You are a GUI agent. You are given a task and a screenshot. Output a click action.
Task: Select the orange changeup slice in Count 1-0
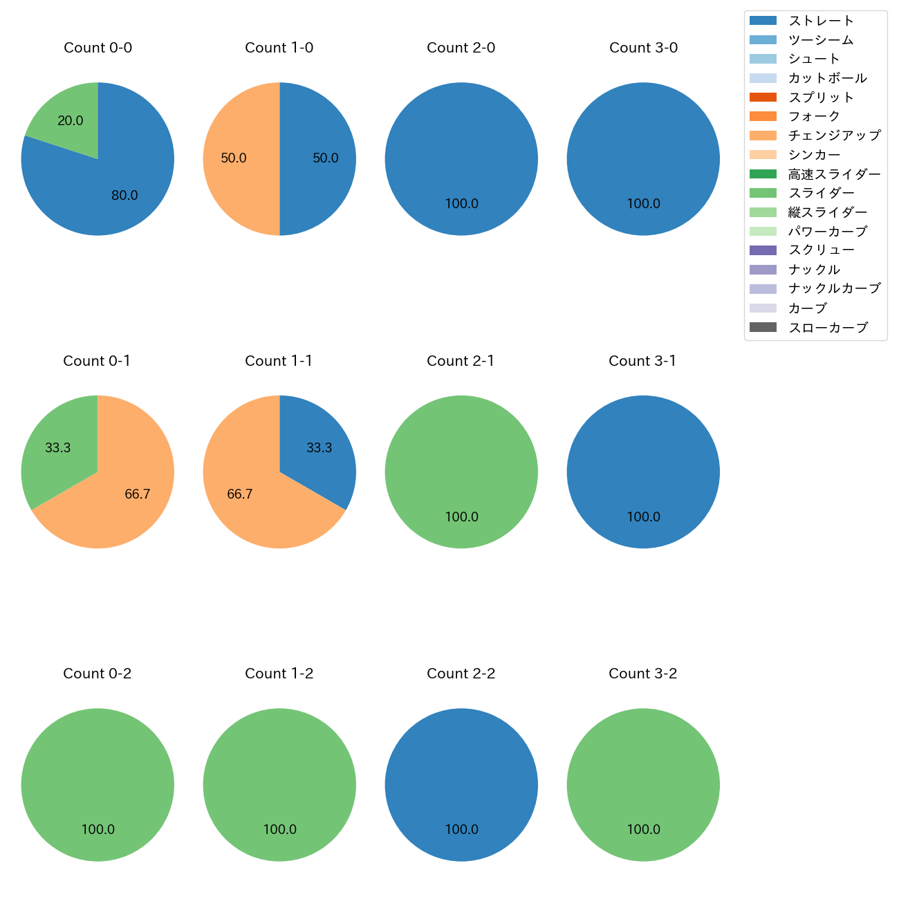235,159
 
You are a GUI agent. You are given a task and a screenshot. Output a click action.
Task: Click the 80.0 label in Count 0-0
124,196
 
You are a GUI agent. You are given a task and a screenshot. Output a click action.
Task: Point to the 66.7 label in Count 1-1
239,494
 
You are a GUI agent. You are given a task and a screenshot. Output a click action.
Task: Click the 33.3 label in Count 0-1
58,448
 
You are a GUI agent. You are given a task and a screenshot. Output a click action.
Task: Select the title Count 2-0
461,48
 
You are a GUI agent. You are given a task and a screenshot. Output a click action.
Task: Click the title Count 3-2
643,674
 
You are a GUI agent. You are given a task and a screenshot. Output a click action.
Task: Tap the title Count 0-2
98,674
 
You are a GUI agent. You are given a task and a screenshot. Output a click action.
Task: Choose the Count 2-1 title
461,361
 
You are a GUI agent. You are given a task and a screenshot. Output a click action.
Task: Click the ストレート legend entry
821,21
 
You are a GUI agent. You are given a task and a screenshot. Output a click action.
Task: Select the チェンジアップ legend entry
834,136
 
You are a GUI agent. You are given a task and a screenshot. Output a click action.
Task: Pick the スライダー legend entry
821,193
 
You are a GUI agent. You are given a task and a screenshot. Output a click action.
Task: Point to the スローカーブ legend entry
828,328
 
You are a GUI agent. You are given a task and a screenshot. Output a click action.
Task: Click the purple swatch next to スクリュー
763,250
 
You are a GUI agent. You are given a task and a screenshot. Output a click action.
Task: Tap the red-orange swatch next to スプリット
763,98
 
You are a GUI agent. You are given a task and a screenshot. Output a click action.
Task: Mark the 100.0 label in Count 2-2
461,830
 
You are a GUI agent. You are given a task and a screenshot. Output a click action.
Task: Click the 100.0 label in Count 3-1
643,517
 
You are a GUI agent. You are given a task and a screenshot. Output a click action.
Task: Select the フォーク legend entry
814,116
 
